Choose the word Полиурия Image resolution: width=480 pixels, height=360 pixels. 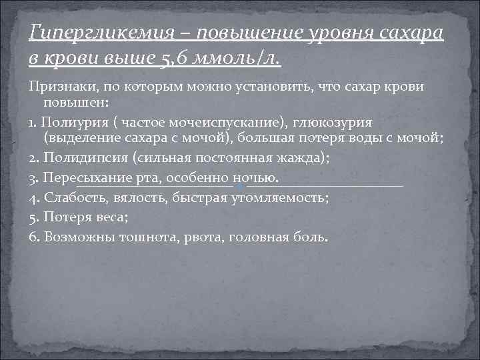pyautogui.click(x=71, y=123)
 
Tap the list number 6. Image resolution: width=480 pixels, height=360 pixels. pyautogui.click(x=34, y=237)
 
